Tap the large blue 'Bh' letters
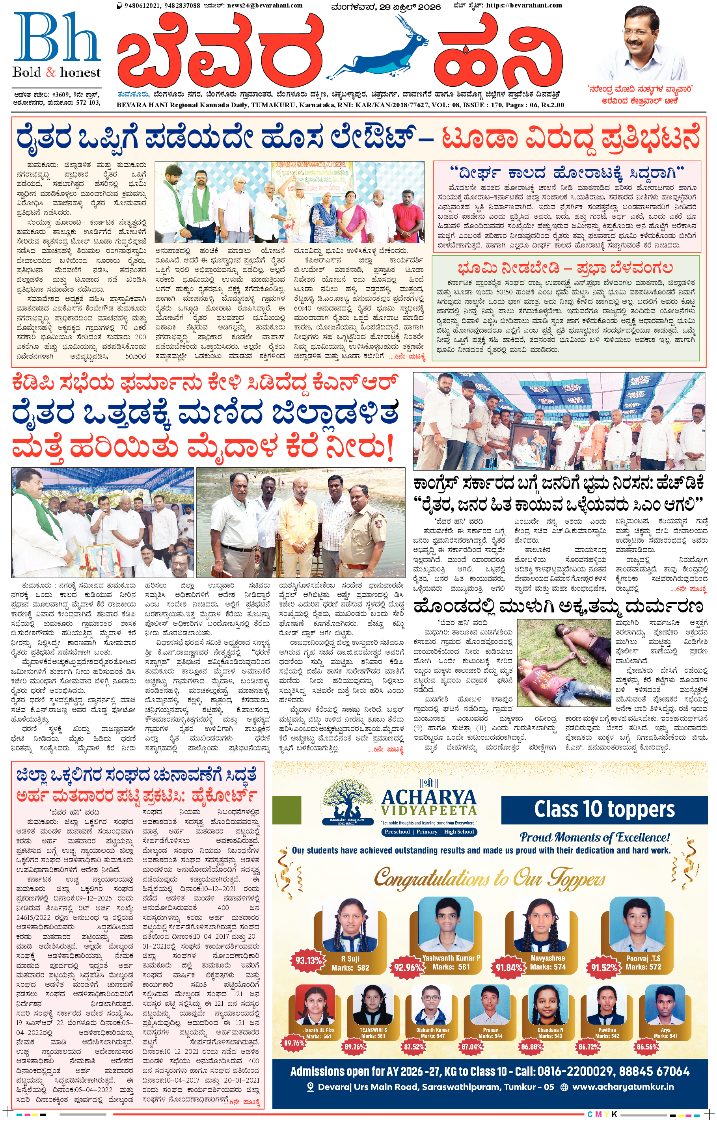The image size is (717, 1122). pos(57,38)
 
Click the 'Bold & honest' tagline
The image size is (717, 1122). pos(56,72)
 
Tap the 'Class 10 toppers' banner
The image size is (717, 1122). pos(604,809)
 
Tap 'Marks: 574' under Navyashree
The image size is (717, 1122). pos(548,967)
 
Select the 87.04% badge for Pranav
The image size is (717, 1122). pos(471,1046)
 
